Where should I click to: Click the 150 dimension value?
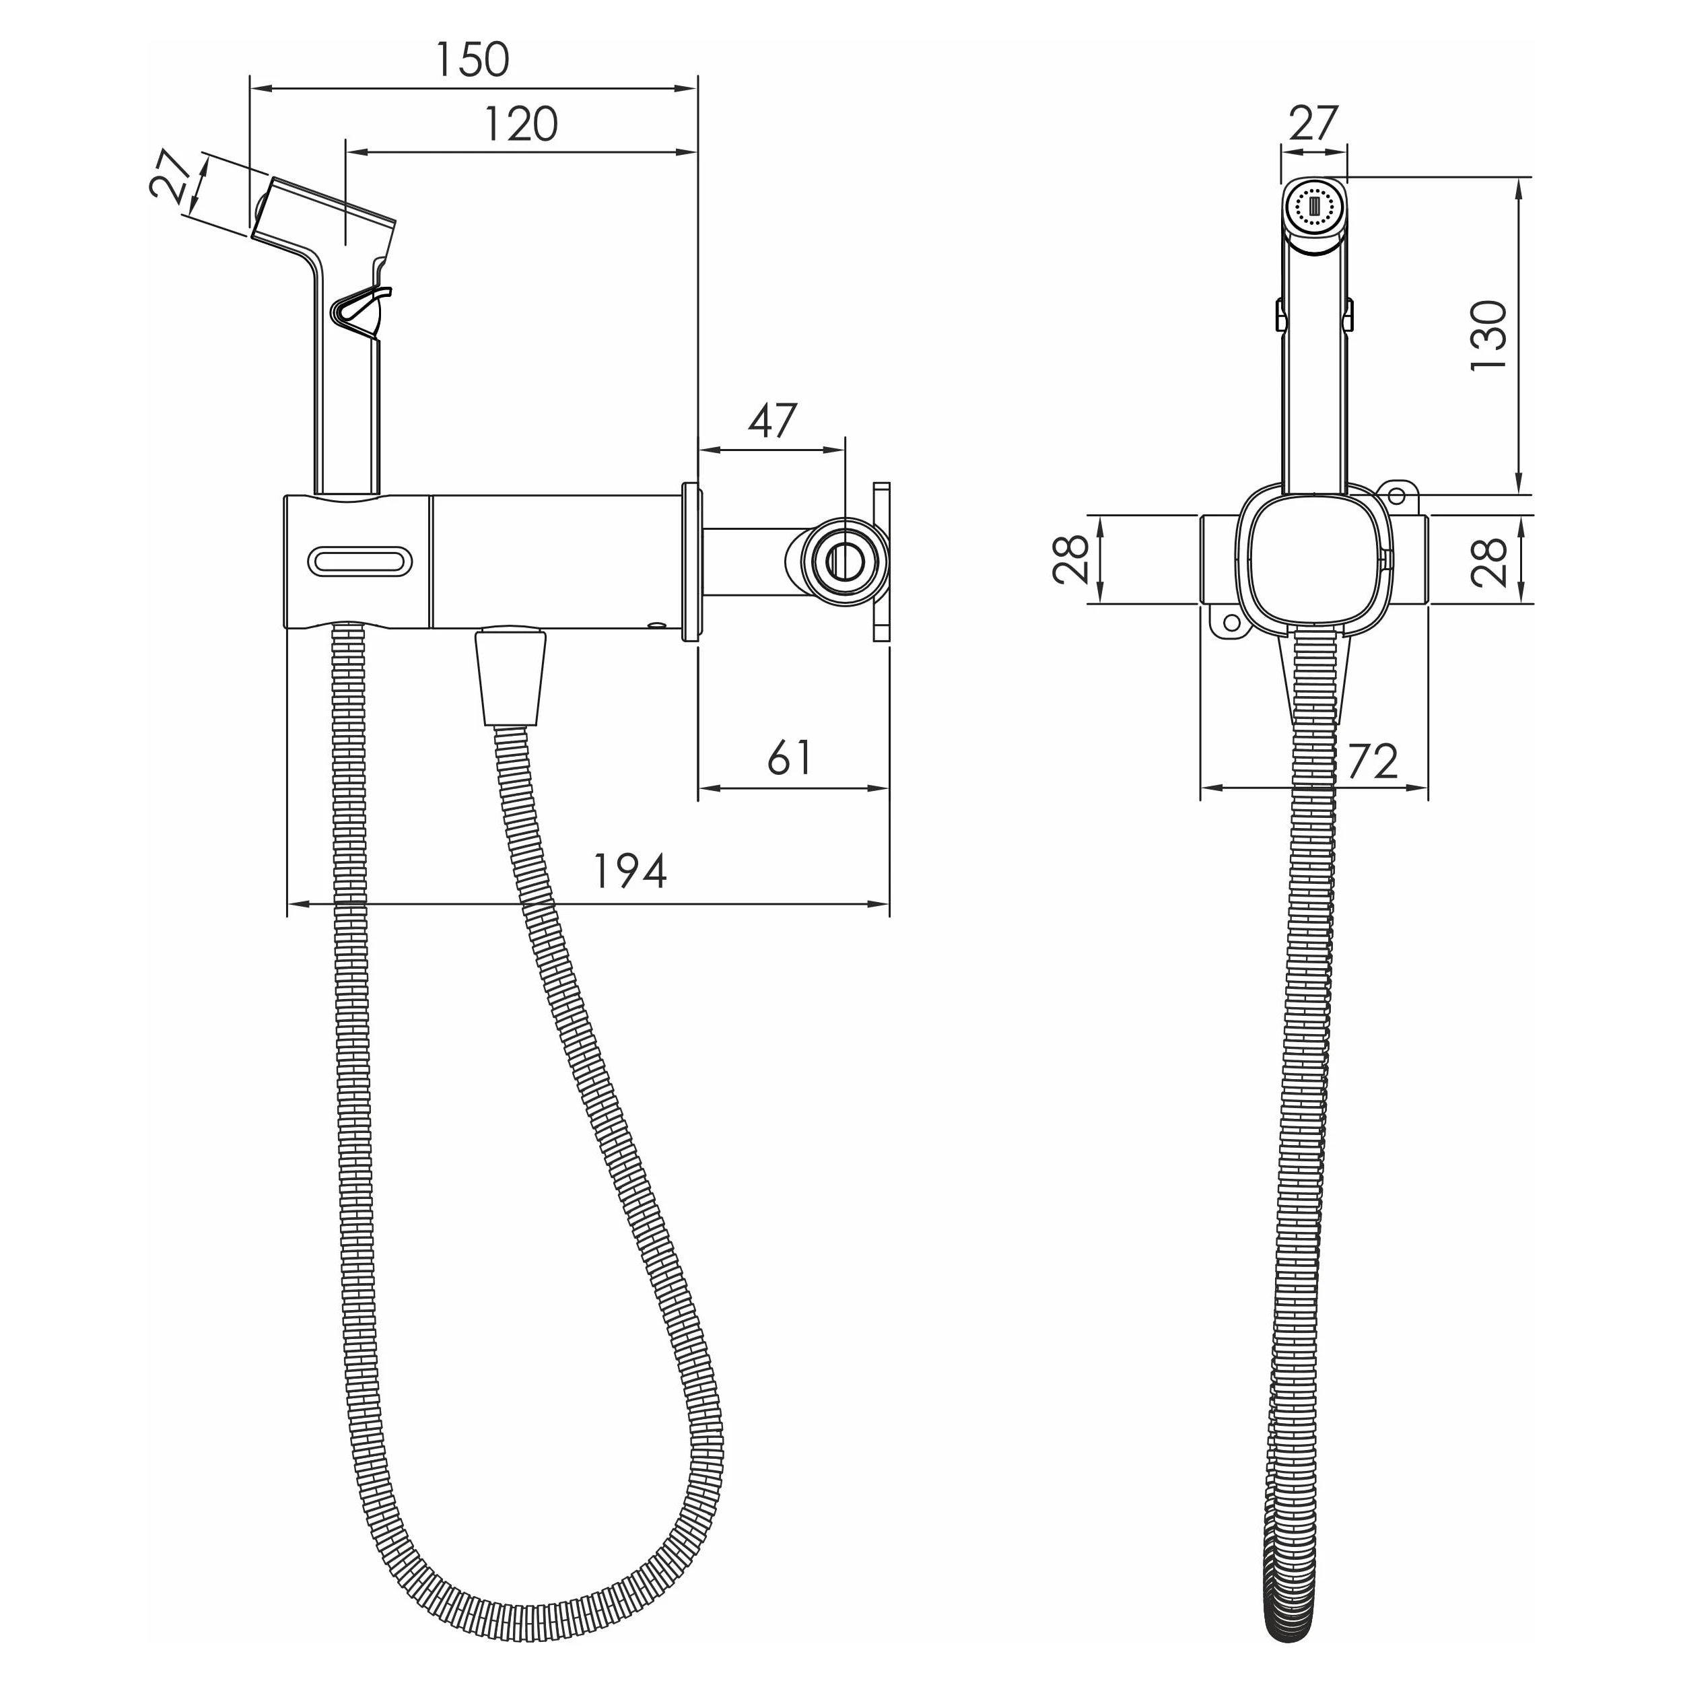(471, 60)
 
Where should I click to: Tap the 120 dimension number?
(521, 125)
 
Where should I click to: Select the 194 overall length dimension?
(630, 871)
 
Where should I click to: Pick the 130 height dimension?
(1488, 336)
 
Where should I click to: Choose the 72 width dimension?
(1372, 761)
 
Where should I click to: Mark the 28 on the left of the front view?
(1070, 558)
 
